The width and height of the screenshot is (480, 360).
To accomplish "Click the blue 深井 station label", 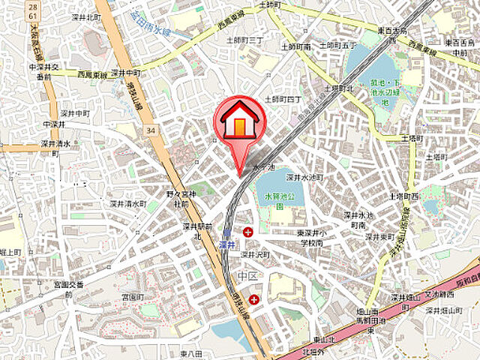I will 226,244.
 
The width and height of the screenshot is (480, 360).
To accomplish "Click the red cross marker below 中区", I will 255,299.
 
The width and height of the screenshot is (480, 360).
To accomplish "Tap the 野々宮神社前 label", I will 180,199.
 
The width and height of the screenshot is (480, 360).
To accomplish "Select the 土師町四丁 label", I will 285,98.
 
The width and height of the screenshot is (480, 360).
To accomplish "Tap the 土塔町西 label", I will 404,196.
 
